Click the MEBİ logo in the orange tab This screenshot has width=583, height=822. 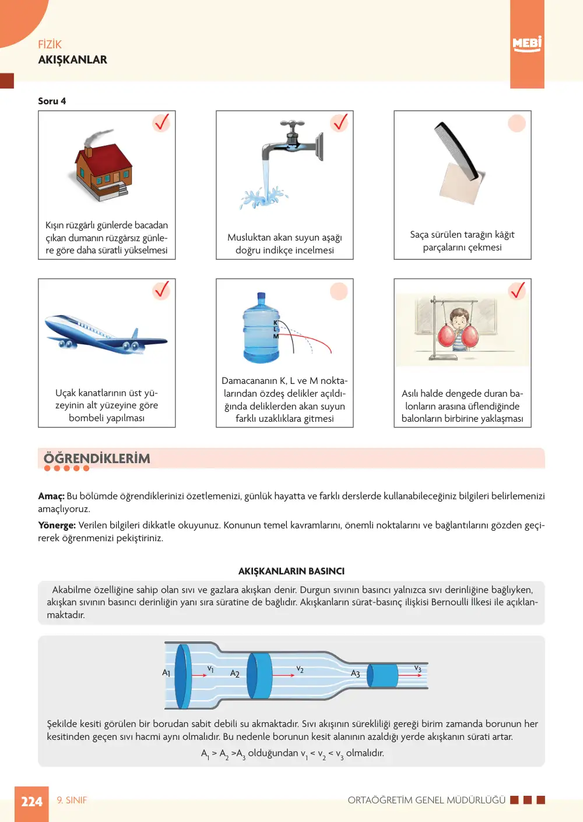(527, 44)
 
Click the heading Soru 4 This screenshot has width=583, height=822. (52, 101)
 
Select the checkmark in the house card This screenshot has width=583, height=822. (161, 122)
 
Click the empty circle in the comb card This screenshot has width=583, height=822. (517, 123)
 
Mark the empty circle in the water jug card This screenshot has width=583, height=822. (339, 291)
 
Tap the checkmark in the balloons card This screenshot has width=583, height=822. (517, 291)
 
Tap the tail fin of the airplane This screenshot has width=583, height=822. (135, 333)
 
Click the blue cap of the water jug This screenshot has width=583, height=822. (261, 296)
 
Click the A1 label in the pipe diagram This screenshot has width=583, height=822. (166, 673)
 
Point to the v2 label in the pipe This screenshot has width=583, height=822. (300, 669)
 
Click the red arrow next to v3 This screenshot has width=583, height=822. (410, 675)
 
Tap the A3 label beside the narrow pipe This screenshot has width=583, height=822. (356, 673)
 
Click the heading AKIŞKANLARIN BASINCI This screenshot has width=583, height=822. (291, 571)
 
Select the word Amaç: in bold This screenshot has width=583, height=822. (51, 496)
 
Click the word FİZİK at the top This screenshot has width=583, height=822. (50, 44)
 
